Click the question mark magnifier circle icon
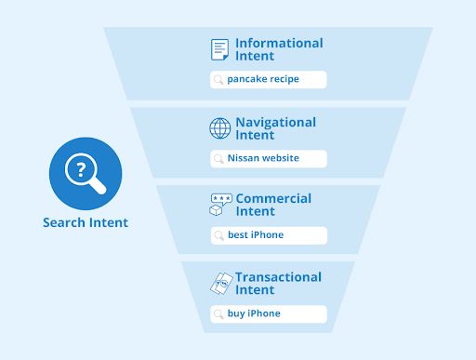point(86,174)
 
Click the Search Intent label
point(86,223)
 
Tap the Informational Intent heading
point(279,49)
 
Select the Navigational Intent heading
point(275,128)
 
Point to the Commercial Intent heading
point(273,205)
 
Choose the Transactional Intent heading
point(278,283)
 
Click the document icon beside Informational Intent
point(219,49)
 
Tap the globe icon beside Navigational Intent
point(219,128)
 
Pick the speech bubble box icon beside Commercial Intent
point(220,206)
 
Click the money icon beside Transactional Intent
point(220,283)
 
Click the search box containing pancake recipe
point(268,80)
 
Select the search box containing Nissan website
point(268,158)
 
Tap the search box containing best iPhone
point(268,235)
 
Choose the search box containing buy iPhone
point(268,313)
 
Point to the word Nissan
point(243,158)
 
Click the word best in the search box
point(238,235)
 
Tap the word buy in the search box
point(237,313)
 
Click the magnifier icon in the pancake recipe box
point(218,80)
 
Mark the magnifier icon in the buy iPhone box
point(218,313)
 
